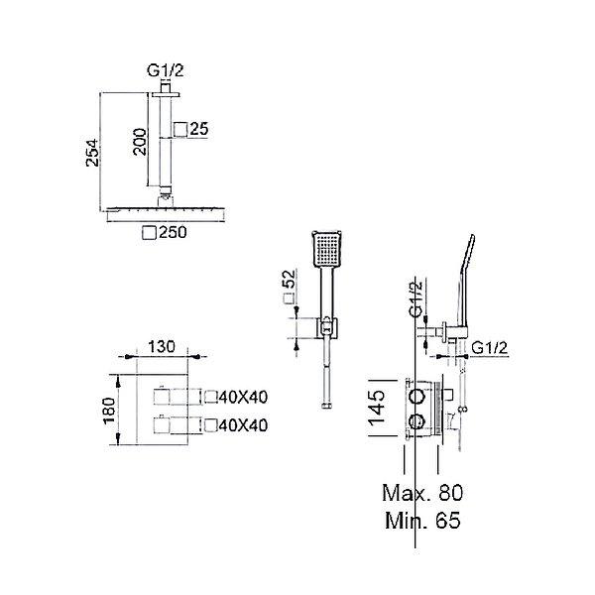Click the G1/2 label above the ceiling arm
166,71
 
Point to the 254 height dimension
92,153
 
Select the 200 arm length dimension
140,142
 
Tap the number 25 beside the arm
199,129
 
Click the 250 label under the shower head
173,232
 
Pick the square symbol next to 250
149,233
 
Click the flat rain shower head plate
167,213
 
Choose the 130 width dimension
162,347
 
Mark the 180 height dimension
109,411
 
